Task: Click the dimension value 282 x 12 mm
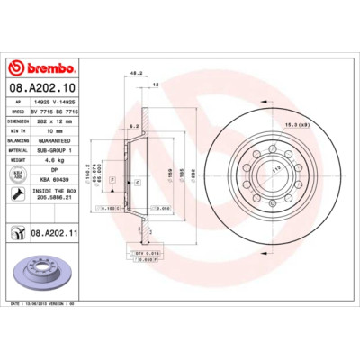(x=56, y=120)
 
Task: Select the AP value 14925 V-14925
(x=56, y=102)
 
